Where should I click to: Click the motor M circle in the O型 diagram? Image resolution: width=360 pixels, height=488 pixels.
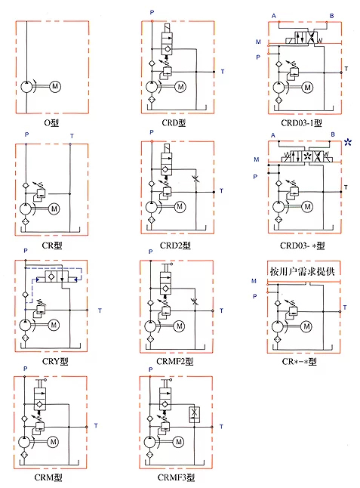55,86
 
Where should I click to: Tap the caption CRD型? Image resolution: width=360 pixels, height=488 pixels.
174,123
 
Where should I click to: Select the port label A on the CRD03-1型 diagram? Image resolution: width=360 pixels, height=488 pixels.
273,16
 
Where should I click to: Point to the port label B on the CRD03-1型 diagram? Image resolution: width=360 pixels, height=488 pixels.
332,16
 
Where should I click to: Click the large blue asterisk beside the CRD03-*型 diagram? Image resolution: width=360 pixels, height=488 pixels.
348,143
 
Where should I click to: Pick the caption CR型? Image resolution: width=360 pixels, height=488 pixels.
52,246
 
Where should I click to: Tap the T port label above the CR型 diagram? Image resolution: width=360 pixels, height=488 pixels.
72,136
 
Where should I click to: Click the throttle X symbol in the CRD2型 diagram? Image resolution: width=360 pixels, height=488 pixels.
196,178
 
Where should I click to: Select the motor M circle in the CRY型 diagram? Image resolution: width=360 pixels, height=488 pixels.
54,326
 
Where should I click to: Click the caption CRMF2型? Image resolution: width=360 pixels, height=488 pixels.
175,361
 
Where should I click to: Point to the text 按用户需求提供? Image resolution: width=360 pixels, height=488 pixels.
302,271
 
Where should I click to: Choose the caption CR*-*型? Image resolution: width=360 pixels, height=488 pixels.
300,362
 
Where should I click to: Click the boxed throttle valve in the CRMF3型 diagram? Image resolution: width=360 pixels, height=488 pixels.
194,415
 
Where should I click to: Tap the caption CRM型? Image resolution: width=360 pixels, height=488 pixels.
48,477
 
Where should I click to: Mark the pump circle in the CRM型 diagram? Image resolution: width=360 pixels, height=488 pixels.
24,442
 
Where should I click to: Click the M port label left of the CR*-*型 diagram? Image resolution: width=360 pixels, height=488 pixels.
254,281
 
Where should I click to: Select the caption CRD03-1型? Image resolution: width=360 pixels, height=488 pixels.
302,123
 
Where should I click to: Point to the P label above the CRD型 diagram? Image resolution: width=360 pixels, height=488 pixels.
152,12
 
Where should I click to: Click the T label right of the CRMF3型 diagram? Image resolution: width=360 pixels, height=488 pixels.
221,427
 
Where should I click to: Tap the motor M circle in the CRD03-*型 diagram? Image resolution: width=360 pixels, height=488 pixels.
307,207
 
